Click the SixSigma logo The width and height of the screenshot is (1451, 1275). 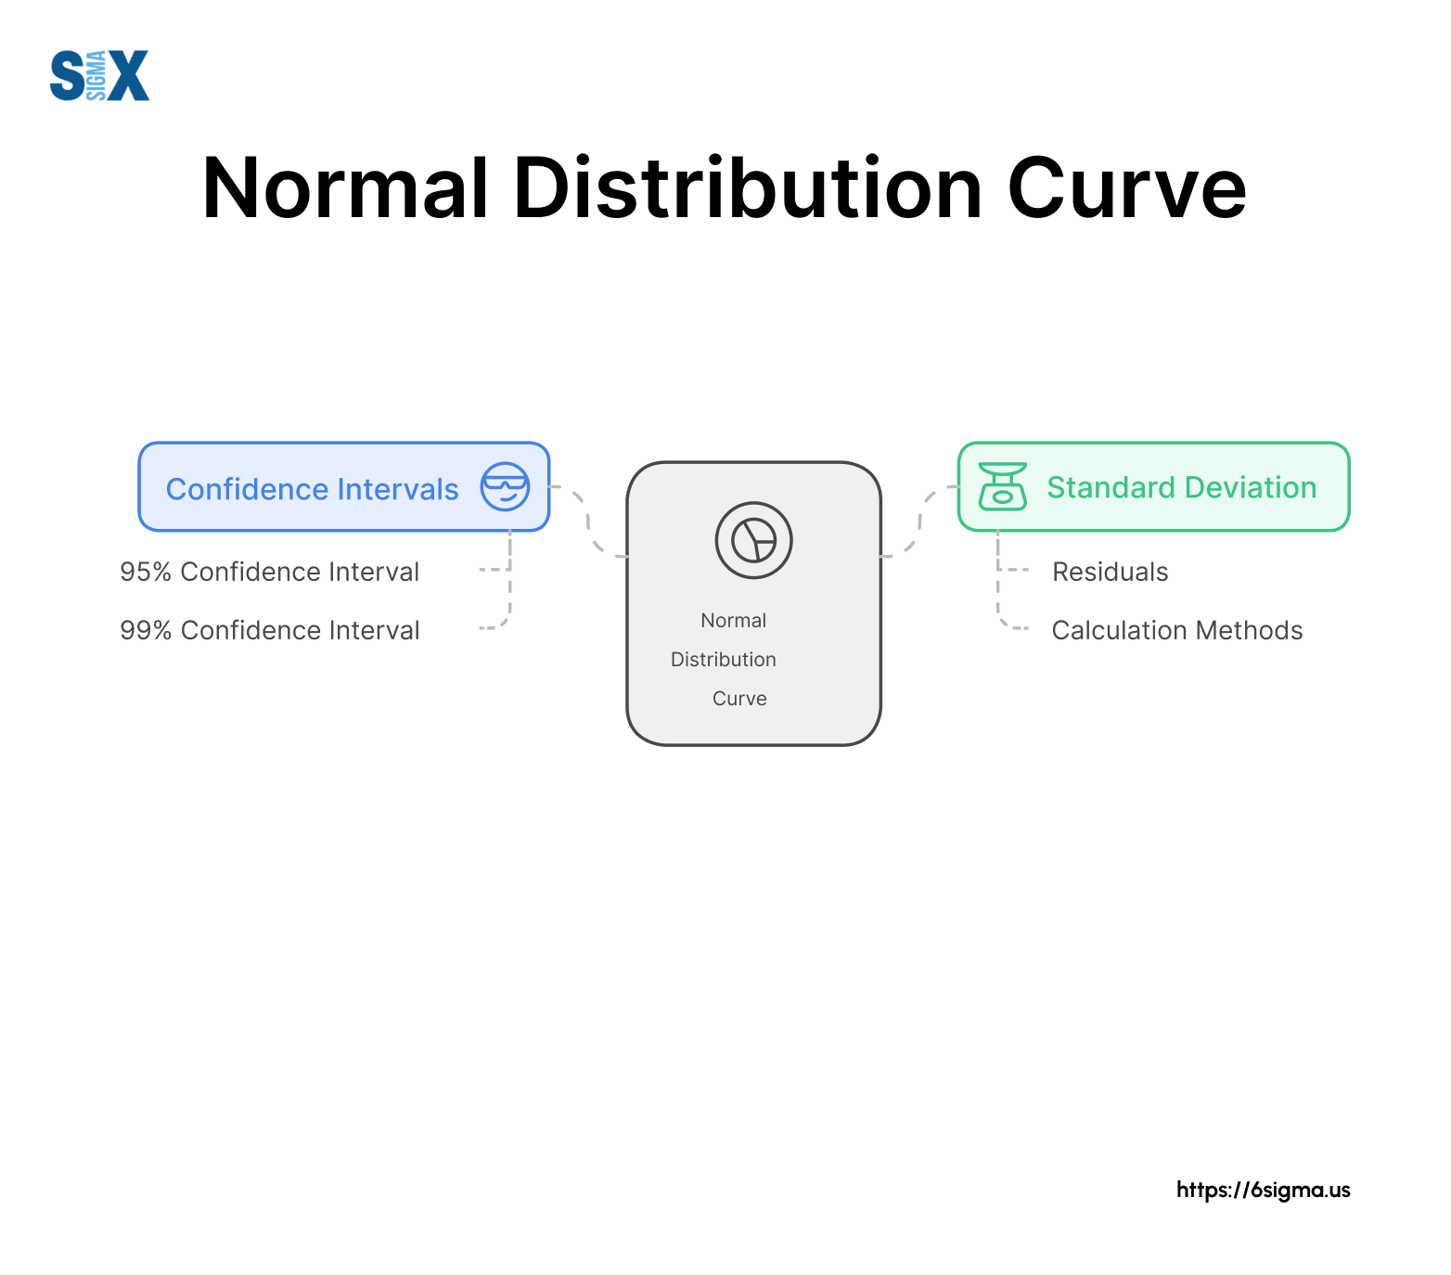tap(99, 75)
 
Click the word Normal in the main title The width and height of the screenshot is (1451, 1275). tap(345, 188)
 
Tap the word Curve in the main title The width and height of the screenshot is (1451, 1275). tap(1126, 188)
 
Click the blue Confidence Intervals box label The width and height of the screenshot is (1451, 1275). tap(312, 489)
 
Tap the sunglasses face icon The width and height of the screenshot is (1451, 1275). tap(505, 486)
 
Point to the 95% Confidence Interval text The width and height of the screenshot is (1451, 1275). tap(269, 572)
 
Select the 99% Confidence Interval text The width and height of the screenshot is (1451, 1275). tap(269, 630)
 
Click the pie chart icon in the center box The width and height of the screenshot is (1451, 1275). tap(753, 540)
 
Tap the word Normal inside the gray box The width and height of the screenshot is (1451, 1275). tap(733, 621)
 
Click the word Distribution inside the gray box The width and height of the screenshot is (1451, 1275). tap(724, 660)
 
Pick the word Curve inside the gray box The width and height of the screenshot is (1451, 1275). tap(739, 699)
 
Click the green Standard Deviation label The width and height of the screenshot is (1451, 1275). tap(1182, 487)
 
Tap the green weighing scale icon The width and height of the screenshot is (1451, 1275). tap(1003, 486)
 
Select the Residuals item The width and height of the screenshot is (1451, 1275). tap(1110, 572)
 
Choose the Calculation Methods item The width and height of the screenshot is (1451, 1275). tap(1177, 630)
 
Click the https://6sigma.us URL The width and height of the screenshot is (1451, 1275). tap(1264, 1190)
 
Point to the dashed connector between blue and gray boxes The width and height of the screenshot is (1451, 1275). tap(588, 522)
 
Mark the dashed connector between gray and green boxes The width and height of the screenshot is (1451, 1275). tap(919, 522)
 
